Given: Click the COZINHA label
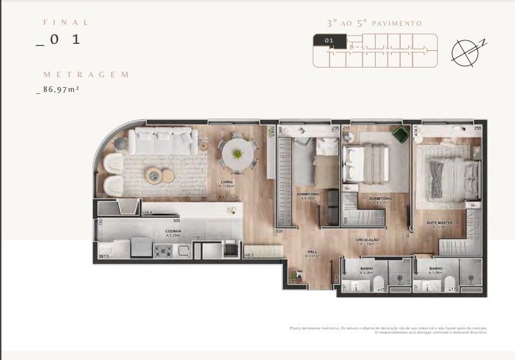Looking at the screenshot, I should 174,231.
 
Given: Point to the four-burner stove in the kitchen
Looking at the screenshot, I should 163,251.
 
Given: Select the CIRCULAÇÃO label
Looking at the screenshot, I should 369,241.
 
